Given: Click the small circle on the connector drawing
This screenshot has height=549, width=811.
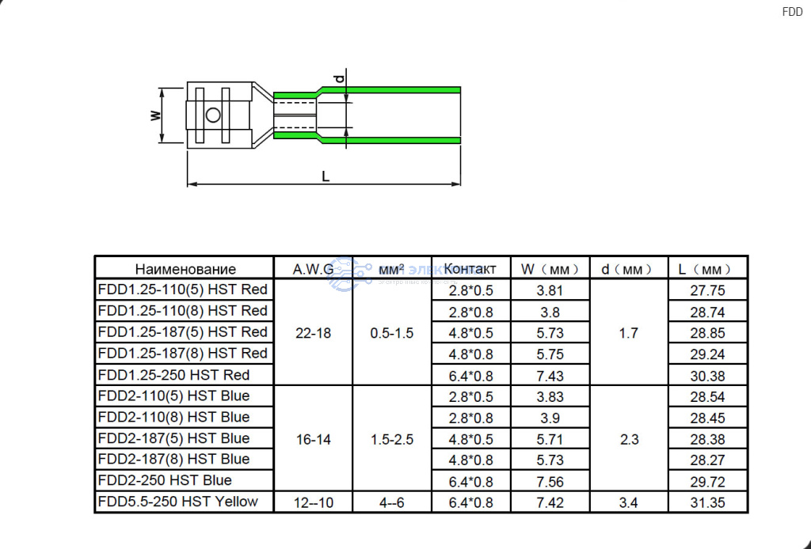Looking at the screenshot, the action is pyautogui.click(x=213, y=115).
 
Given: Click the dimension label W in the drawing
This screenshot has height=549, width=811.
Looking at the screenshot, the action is pyautogui.click(x=156, y=115).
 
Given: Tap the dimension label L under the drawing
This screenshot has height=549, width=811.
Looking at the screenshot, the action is pyautogui.click(x=326, y=176).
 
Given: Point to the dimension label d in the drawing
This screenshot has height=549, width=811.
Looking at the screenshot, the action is pyautogui.click(x=339, y=78).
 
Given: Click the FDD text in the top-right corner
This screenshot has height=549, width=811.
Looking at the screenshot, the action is pyautogui.click(x=792, y=12).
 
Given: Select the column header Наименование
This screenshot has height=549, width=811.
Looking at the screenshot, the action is pyautogui.click(x=185, y=269).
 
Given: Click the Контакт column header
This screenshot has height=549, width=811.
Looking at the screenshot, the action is pyautogui.click(x=470, y=269).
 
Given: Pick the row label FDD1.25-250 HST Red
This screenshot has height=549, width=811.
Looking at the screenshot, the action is pyautogui.click(x=173, y=375).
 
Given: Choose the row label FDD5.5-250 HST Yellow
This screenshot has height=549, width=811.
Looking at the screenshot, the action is pyautogui.click(x=178, y=502).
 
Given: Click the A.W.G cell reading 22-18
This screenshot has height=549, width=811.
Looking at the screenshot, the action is pyautogui.click(x=313, y=333).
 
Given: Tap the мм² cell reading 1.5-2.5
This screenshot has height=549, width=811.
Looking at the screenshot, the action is pyautogui.click(x=391, y=440).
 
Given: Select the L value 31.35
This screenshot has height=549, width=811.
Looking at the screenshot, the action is pyautogui.click(x=707, y=502).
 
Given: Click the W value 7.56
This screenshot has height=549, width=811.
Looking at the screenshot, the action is pyautogui.click(x=550, y=481).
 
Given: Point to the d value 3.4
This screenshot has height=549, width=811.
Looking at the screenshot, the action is pyautogui.click(x=628, y=502).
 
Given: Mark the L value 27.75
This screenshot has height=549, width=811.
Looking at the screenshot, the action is pyautogui.click(x=707, y=290).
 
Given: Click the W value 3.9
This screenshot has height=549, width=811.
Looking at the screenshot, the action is pyautogui.click(x=550, y=418).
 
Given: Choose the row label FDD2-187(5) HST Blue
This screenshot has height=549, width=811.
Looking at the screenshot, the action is pyautogui.click(x=173, y=438).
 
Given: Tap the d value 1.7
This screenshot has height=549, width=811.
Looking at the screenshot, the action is pyautogui.click(x=628, y=333).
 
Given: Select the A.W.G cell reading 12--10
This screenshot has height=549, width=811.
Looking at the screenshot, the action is pyautogui.click(x=314, y=502).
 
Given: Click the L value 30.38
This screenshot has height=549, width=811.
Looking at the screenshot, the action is pyautogui.click(x=707, y=376).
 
